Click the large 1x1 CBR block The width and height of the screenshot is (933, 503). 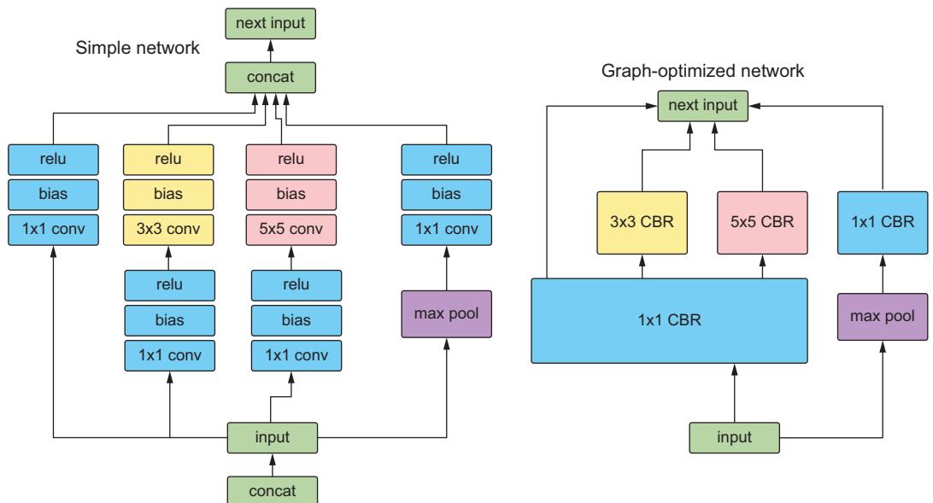[669, 321]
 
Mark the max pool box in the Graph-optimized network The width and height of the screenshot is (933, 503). [881, 317]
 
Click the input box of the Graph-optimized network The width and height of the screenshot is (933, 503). [734, 437]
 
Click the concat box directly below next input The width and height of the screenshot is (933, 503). [272, 79]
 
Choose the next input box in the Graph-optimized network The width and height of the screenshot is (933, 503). [702, 107]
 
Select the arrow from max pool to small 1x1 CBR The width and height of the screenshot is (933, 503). [881, 275]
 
